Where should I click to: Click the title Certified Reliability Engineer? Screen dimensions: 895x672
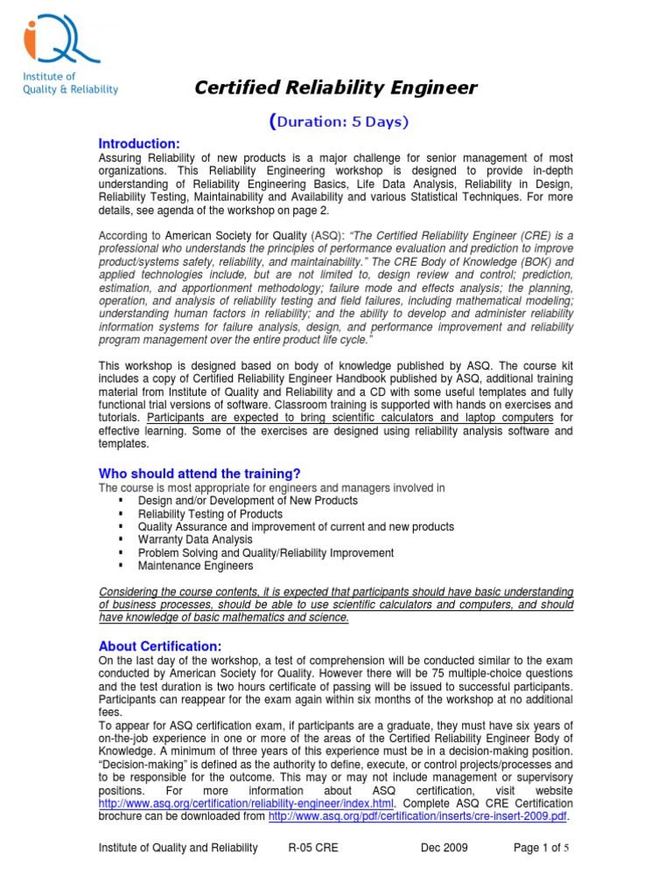(x=335, y=87)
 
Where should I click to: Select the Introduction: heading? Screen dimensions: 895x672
(x=138, y=143)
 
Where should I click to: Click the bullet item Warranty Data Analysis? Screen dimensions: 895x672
(x=195, y=540)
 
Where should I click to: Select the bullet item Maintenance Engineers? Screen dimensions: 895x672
(x=195, y=565)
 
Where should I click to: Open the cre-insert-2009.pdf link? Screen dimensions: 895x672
(x=418, y=816)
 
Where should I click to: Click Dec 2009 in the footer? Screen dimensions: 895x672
(x=444, y=848)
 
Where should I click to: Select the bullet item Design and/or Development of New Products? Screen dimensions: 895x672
(x=248, y=501)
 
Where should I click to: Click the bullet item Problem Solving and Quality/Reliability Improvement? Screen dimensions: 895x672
(x=266, y=553)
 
